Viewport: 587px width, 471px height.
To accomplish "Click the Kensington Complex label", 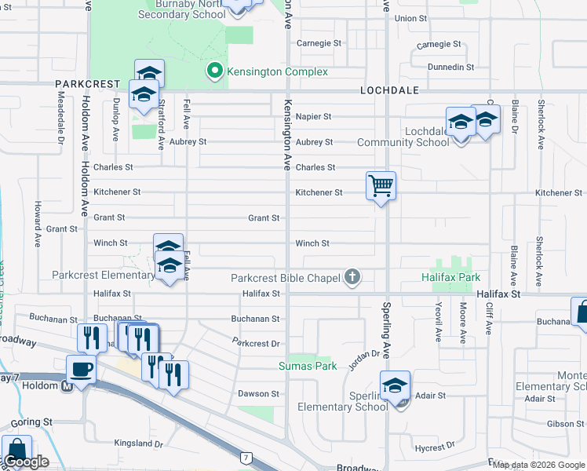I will pos(277,71).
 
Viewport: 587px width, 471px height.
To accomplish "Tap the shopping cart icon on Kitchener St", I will pos(381,187).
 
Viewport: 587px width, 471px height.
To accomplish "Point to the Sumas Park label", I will pos(308,366).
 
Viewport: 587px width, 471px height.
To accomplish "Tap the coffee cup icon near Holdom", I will pos(81,368).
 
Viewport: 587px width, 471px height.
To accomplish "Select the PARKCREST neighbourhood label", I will pos(87,83).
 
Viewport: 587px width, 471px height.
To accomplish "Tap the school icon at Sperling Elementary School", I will pos(395,386).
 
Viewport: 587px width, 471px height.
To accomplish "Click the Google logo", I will pos(25,462).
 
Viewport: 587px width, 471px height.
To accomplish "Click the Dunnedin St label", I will pos(446,68).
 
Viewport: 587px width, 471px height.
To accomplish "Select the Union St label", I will pos(411,18).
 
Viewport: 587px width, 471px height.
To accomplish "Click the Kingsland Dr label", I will pos(137,444).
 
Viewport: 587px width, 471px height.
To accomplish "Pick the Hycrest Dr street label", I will pos(430,448).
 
